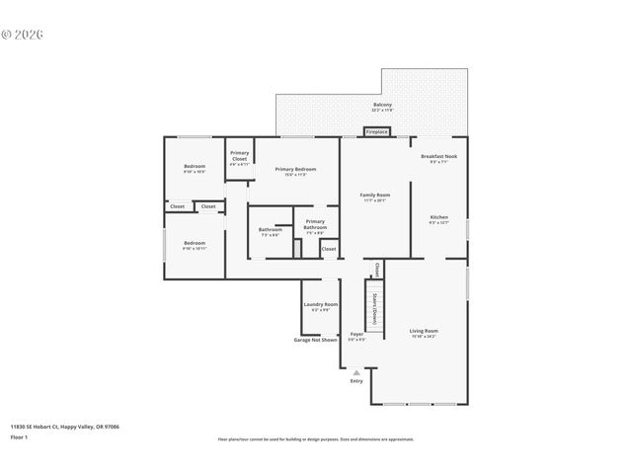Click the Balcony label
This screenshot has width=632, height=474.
coord(382,106)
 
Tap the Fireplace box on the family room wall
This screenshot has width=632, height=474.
coord(377,131)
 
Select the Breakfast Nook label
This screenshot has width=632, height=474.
coord(438,158)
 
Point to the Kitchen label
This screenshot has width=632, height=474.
coord(438,219)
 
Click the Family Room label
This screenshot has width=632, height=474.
coord(374,197)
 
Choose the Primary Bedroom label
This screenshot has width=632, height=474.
coord(295,171)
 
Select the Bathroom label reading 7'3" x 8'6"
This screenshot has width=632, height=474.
coord(270,231)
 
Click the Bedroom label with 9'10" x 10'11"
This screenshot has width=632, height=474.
coord(195,244)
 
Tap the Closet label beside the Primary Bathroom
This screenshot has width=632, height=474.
coord(328,249)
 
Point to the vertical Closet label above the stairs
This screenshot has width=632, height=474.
coord(377,270)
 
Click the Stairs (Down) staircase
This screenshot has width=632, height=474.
coord(375,306)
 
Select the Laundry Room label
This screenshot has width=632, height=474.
coord(320,306)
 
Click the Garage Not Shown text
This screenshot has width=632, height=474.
coord(315,340)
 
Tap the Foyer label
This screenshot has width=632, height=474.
coord(356,336)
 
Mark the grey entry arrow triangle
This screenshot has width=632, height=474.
coord(356,372)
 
